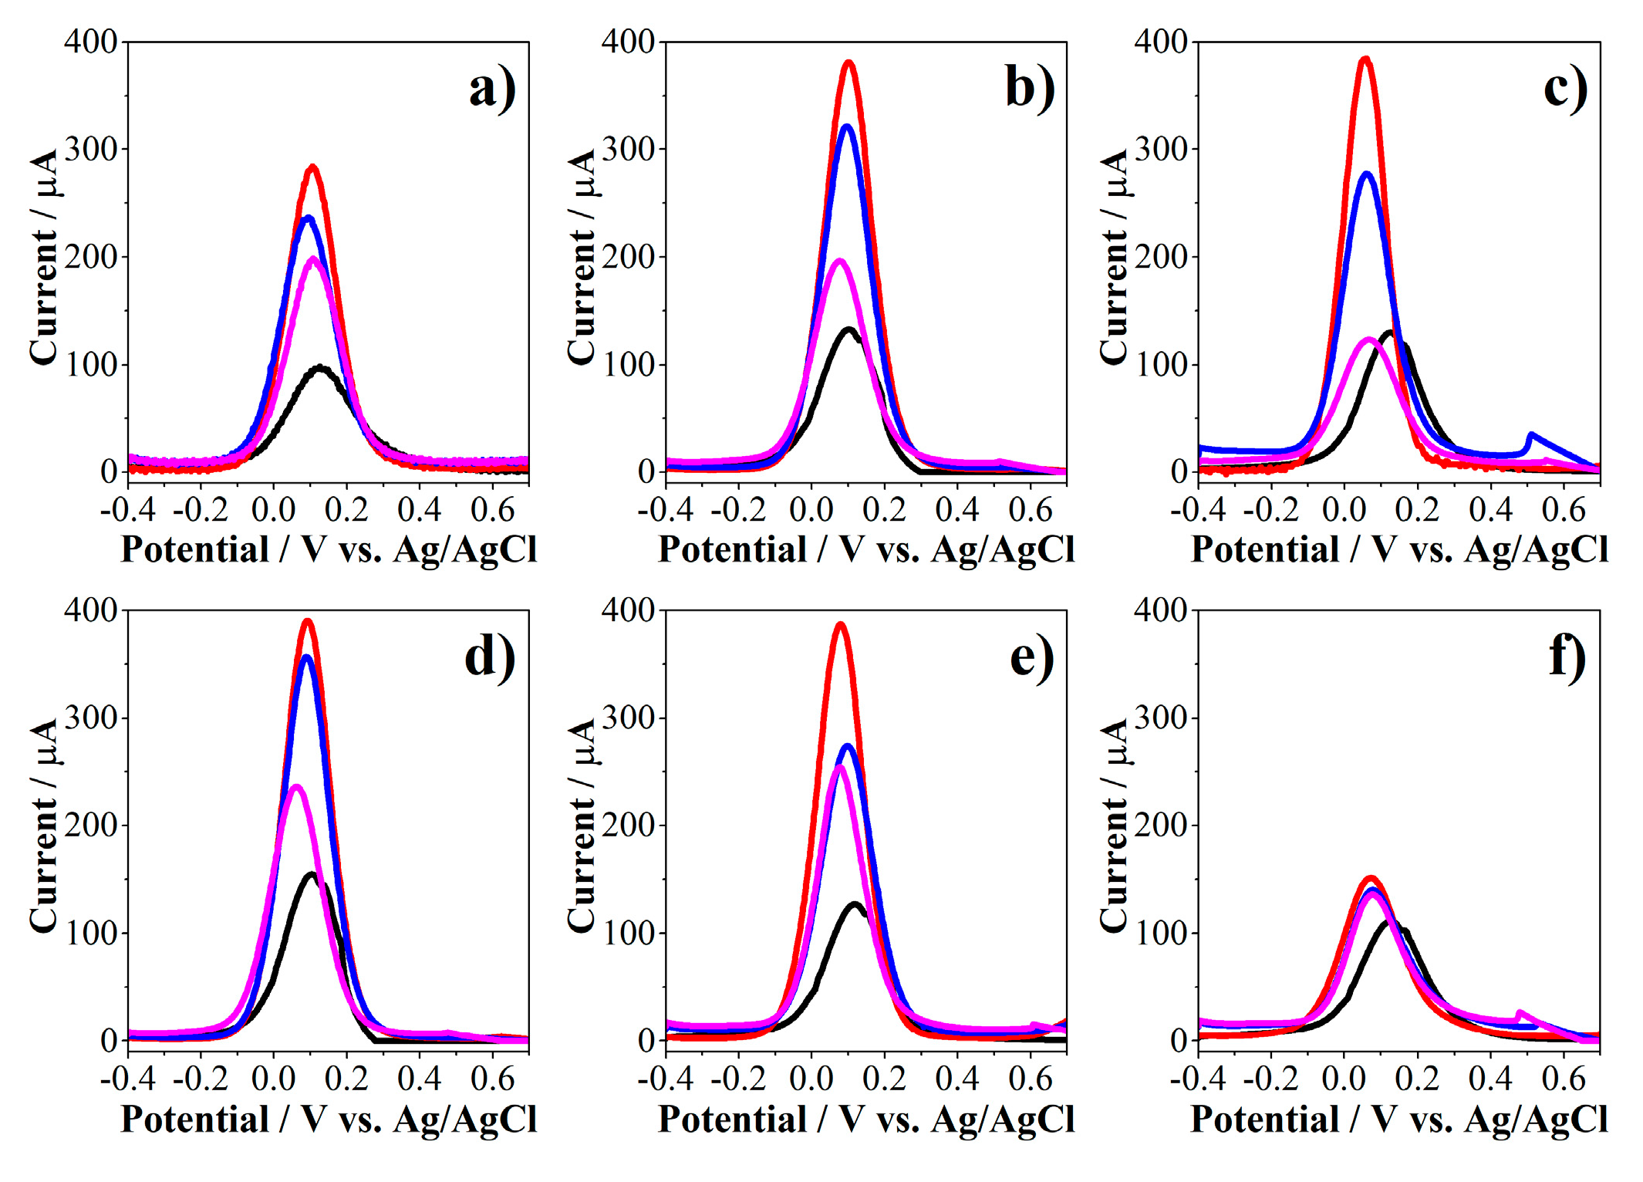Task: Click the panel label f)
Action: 1567,658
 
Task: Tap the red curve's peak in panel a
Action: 312,167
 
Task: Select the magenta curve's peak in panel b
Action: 840,262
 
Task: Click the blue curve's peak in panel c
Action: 1368,174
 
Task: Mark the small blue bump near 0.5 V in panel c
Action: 1531,437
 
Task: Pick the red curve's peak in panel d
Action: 308,621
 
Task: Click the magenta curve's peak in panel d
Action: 295,788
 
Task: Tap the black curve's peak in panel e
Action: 855,904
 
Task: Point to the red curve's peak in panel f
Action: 1371,878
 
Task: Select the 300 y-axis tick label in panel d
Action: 90,718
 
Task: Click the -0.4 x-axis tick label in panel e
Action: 665,1079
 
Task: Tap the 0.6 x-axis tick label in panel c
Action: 1563,509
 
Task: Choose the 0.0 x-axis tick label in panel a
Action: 273,509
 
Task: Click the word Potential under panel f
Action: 1265,1120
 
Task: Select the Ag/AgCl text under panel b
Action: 1003,550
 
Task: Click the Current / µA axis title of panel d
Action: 44,826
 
